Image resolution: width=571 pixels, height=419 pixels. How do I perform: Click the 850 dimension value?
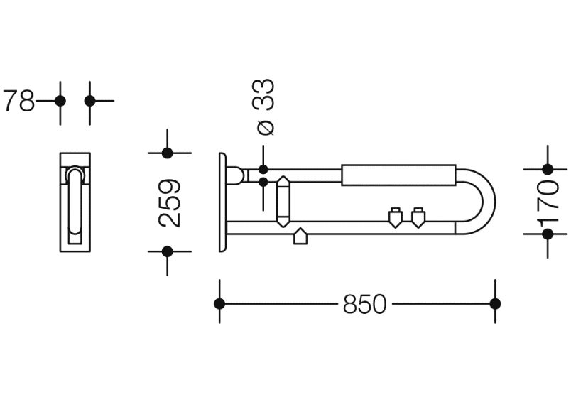point(364,304)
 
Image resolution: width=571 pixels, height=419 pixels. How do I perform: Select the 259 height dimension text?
point(170,203)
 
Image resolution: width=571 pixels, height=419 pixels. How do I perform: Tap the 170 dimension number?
point(548,202)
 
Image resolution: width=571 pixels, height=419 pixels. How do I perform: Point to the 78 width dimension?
point(18,101)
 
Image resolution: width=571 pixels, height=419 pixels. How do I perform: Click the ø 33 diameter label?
point(263,107)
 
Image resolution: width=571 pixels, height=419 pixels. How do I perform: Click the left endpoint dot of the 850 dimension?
point(219,303)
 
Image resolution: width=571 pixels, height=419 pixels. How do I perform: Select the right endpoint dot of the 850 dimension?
point(495,303)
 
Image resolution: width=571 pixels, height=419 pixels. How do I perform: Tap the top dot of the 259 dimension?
point(167,153)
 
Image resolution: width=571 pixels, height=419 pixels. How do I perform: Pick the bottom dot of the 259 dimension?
point(167,251)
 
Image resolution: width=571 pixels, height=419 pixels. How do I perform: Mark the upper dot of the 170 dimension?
point(548,169)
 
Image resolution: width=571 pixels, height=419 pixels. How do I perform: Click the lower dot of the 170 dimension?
point(548,234)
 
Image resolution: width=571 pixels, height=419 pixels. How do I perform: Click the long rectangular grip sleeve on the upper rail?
point(398,175)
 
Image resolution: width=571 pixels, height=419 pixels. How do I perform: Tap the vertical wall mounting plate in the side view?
point(222,202)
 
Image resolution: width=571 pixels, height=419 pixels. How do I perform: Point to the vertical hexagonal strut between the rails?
point(283,202)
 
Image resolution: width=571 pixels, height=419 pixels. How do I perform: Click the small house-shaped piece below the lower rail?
point(300,236)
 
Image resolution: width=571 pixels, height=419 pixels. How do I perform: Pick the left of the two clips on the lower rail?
point(396,218)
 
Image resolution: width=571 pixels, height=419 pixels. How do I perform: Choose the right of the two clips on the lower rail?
point(418,218)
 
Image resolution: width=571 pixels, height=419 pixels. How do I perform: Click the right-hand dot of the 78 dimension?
point(90,101)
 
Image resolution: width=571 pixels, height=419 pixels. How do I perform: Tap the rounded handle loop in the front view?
point(75,200)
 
